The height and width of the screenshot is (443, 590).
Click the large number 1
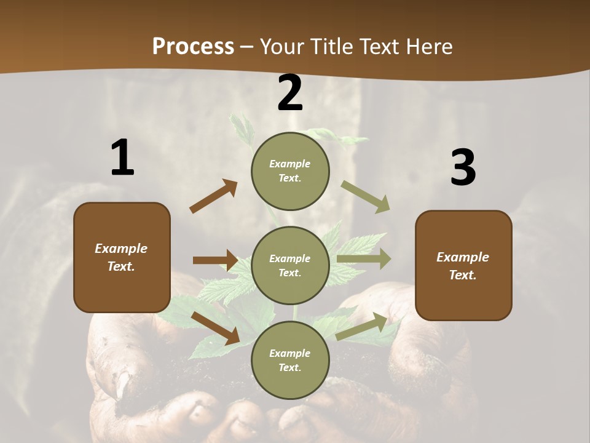[122, 158]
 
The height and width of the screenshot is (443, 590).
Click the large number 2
[290, 93]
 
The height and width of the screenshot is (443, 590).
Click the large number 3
[463, 167]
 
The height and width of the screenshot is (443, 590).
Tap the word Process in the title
[193, 46]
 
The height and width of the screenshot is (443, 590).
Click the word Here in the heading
[430, 46]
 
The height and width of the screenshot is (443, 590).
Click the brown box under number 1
[122, 257]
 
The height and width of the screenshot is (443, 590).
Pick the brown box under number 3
[463, 266]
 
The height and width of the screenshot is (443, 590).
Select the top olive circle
[290, 171]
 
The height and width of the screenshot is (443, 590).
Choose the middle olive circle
[290, 266]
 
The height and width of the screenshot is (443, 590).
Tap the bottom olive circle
[290, 361]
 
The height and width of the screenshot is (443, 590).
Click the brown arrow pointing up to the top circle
[214, 196]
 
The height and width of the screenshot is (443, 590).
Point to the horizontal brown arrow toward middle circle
[215, 260]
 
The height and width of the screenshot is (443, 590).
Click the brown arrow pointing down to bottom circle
[215, 328]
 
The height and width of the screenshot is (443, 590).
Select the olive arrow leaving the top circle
[366, 197]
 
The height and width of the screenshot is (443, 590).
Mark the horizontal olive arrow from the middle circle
[364, 259]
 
